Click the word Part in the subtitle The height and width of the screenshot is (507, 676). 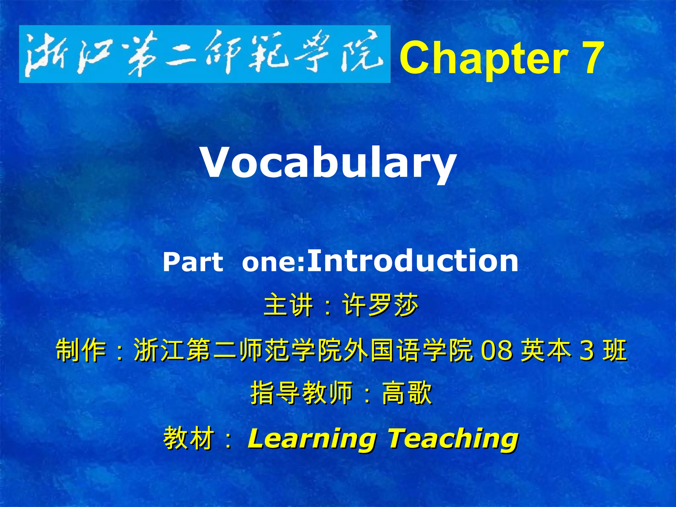[193, 262]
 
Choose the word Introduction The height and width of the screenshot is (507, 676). [413, 261]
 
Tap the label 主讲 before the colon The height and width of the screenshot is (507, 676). [288, 305]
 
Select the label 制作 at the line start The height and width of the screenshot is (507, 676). [81, 350]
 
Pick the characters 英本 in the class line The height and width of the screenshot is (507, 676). [546, 350]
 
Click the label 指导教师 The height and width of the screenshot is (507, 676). [301, 393]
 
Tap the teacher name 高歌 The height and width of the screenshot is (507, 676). [407, 393]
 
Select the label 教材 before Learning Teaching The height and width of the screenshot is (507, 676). [188, 438]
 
